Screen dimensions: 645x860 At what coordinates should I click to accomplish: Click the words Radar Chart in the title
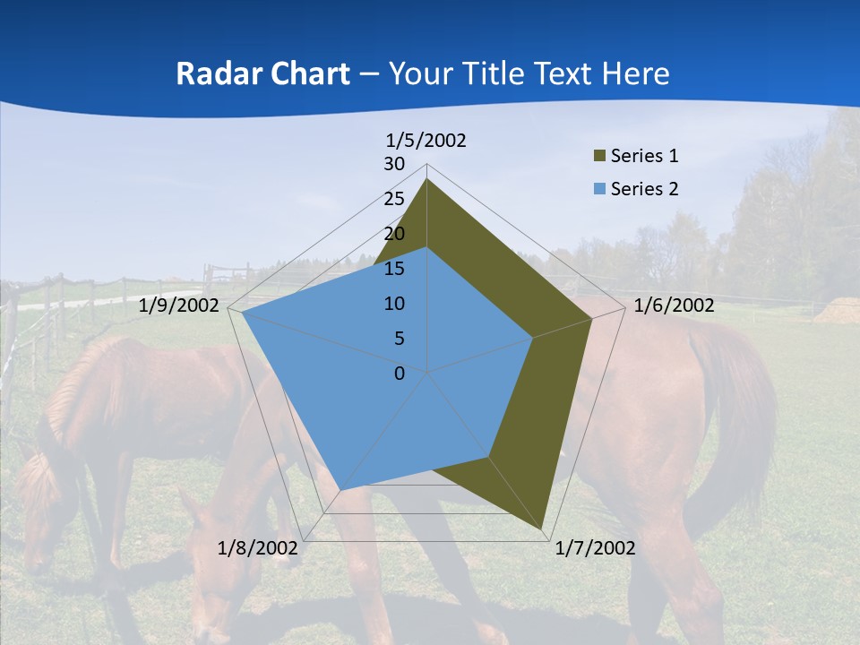(x=262, y=73)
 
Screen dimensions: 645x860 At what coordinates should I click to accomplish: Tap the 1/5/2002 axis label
(x=426, y=141)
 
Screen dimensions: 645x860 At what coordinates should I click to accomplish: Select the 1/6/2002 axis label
(x=674, y=305)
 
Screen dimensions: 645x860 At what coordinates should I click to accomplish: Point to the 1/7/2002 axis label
(x=595, y=547)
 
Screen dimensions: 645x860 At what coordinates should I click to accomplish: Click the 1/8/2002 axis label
(x=258, y=547)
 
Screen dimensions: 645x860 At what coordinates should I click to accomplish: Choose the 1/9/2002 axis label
(x=179, y=305)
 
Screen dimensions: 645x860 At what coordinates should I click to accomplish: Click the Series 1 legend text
(x=644, y=156)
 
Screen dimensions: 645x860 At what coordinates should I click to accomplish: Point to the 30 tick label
(x=394, y=164)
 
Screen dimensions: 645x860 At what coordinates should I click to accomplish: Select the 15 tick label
(x=394, y=269)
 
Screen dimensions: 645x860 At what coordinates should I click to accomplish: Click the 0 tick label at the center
(x=400, y=374)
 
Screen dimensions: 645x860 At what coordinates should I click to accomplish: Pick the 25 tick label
(x=394, y=199)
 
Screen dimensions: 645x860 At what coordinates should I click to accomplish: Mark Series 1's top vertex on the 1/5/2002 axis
(x=426, y=178)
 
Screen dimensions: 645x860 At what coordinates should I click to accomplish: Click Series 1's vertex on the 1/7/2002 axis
(x=543, y=529)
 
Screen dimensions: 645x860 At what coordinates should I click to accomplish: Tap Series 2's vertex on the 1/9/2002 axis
(x=243, y=313)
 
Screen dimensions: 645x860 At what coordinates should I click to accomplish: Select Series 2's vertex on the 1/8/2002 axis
(x=340, y=490)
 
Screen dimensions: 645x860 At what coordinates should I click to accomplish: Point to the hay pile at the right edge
(x=838, y=311)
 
